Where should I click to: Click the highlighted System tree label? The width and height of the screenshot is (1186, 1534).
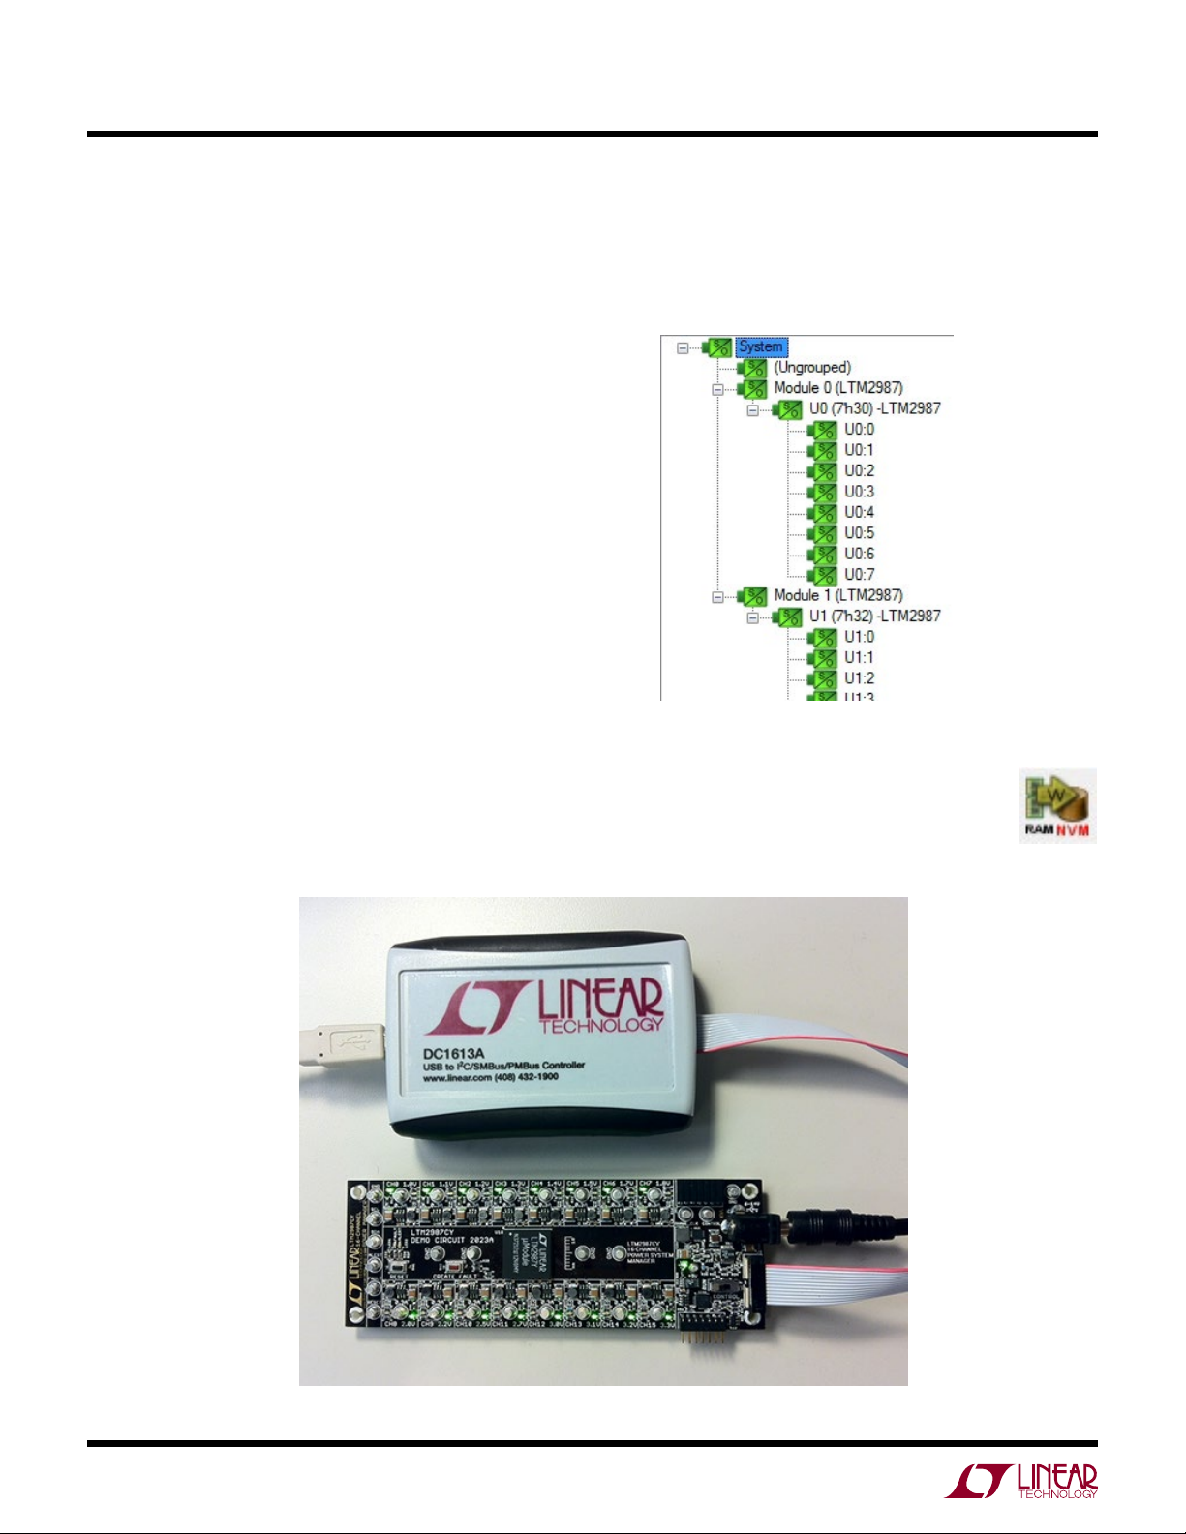pos(761,346)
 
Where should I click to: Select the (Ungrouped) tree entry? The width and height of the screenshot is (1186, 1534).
pos(811,368)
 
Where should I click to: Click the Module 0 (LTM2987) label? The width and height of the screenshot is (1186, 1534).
pos(837,388)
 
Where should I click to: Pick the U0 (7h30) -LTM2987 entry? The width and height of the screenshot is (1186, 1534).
pos(874,408)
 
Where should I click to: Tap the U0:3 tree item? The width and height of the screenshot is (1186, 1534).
pos(859,492)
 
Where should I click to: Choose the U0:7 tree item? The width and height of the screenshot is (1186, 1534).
pos(859,575)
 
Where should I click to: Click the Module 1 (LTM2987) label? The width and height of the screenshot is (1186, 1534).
pos(837,595)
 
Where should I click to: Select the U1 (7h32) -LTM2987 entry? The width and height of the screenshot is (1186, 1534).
pos(874,617)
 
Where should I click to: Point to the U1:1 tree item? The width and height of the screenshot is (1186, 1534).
pos(859,658)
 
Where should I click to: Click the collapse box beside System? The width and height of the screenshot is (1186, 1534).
pos(683,347)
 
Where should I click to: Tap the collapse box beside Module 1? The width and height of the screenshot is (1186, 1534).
pos(717,596)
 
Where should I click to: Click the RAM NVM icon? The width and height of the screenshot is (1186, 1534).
pos(1057,805)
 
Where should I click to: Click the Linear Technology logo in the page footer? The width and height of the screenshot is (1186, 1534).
pos(1021,1481)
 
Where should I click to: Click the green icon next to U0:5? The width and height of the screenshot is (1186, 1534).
pos(824,533)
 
